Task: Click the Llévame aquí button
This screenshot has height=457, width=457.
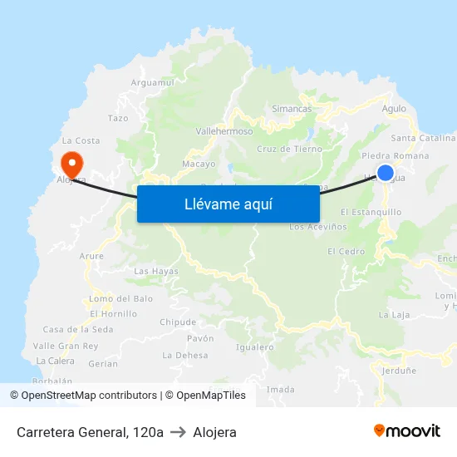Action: pyautogui.click(x=228, y=204)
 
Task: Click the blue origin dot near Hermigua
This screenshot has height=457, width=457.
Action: pyautogui.click(x=386, y=173)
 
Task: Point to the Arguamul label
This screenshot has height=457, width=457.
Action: pyautogui.click(x=152, y=82)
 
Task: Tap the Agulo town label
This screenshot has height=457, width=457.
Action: pyautogui.click(x=394, y=109)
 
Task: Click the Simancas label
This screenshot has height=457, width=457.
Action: pyautogui.click(x=292, y=109)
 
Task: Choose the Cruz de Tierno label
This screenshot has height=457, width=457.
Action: pyautogui.click(x=289, y=150)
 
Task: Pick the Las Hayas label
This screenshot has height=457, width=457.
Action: pyautogui.click(x=156, y=271)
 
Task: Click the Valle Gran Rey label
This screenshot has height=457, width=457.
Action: pyautogui.click(x=66, y=346)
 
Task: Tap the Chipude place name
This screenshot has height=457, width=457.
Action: pyautogui.click(x=178, y=322)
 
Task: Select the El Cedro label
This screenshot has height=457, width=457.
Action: pyautogui.click(x=346, y=251)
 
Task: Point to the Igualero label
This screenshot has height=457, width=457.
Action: pyautogui.click(x=255, y=346)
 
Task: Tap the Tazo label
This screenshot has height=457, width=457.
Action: pyautogui.click(x=118, y=119)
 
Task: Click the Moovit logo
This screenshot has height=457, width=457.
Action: pyautogui.click(x=406, y=430)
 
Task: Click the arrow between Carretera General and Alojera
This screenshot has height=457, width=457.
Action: pyautogui.click(x=178, y=432)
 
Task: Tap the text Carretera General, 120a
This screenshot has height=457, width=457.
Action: pyautogui.click(x=90, y=432)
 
